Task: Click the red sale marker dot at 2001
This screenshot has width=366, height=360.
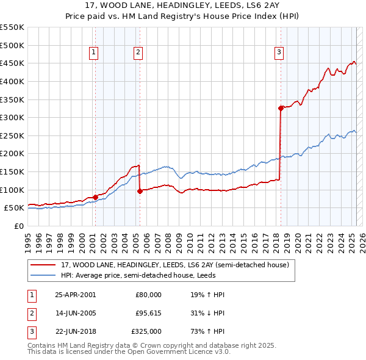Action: click(96, 197)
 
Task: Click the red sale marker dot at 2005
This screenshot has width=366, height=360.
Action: click(140, 191)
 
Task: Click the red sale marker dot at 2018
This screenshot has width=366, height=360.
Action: click(281, 109)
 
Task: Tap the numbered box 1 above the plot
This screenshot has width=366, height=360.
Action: click(94, 53)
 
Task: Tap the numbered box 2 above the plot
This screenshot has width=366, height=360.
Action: click(138, 53)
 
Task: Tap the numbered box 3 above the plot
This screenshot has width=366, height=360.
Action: click(279, 53)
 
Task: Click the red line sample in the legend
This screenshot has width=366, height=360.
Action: click(44, 264)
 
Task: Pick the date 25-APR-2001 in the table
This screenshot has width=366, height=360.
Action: click(76, 295)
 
